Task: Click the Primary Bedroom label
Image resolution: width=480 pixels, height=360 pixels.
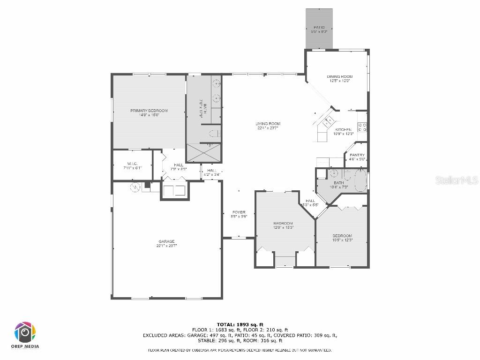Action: (x=149, y=111)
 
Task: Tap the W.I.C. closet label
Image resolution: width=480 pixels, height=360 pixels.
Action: (x=132, y=164)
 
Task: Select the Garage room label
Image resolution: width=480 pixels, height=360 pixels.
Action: (x=166, y=242)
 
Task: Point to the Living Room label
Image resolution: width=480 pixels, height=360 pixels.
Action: (x=268, y=124)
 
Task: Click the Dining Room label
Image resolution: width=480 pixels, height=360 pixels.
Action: (x=339, y=76)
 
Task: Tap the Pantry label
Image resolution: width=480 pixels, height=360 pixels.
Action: (x=357, y=155)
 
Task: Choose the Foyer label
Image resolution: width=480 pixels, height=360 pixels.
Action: (x=239, y=212)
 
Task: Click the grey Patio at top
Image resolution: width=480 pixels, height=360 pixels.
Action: (x=319, y=28)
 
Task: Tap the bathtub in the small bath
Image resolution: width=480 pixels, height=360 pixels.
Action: (x=360, y=181)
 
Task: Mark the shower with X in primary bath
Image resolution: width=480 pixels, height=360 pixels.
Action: (x=204, y=153)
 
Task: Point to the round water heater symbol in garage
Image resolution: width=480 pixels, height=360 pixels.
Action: (x=135, y=187)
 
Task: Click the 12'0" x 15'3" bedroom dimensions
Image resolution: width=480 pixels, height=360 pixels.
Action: (x=283, y=227)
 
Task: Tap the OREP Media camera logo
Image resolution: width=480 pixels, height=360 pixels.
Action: (x=25, y=332)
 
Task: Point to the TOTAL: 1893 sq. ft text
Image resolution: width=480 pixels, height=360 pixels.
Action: (x=240, y=324)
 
